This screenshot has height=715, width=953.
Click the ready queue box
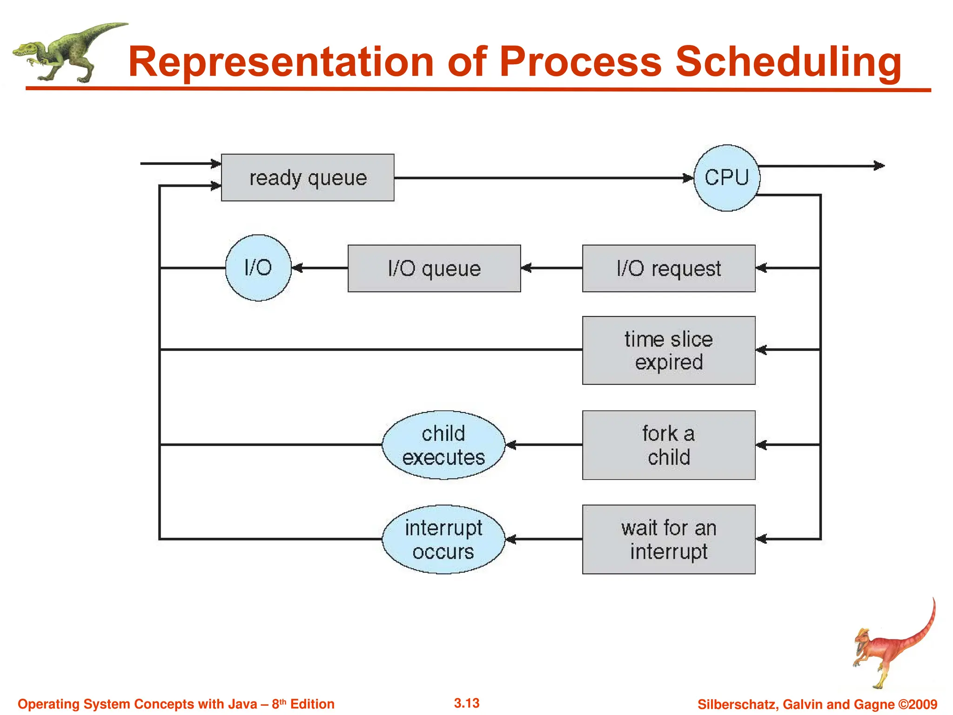click(x=308, y=177)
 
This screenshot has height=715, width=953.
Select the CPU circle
click(x=726, y=178)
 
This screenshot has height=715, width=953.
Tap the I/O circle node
click(x=258, y=268)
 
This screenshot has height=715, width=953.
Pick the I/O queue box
click(x=434, y=269)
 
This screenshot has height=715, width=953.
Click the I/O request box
click(x=669, y=269)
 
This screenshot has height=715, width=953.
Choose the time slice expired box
click(x=669, y=351)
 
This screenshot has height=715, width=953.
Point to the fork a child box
click(x=669, y=445)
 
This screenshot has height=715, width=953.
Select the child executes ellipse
click(x=443, y=445)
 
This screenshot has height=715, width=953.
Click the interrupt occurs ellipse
click(x=443, y=540)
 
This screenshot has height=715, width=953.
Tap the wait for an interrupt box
click(x=669, y=540)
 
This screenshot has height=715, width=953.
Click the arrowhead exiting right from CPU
click(x=879, y=166)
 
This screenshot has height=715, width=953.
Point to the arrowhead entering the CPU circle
click(x=688, y=178)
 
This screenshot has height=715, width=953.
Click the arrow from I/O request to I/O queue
click(x=551, y=268)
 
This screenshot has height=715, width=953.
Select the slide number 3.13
click(x=467, y=703)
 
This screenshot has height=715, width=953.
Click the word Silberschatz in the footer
click(x=737, y=704)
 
